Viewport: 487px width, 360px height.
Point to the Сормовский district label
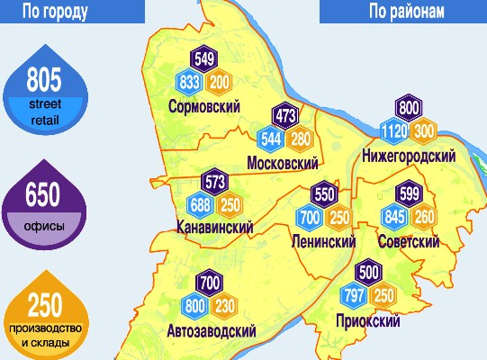(x=203, y=107)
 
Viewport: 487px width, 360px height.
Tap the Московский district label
(x=284, y=163)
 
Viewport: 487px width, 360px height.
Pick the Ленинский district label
(x=323, y=241)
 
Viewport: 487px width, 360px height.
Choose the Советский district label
(x=410, y=241)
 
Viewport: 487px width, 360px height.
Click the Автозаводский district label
(x=212, y=330)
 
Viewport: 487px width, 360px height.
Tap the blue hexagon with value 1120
(x=395, y=130)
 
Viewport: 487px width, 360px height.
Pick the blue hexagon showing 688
(x=200, y=203)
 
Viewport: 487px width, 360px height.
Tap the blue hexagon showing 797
(x=353, y=295)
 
